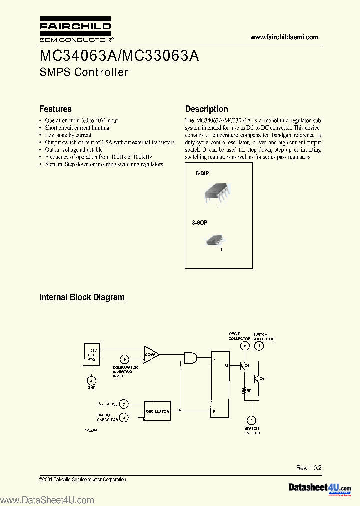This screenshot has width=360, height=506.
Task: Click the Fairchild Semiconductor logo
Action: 75,30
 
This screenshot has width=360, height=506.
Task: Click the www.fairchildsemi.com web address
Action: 284,37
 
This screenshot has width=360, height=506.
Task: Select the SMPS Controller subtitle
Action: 84,72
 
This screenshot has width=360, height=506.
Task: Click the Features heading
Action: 55,109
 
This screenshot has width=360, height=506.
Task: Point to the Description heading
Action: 206,109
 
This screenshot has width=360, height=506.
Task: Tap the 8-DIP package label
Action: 202,173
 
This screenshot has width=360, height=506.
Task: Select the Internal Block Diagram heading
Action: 82,297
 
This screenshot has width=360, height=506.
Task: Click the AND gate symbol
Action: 190,357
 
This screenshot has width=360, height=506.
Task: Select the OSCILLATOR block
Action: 157,412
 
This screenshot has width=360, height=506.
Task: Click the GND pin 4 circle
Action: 91,381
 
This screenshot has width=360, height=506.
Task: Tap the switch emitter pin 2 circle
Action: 252,420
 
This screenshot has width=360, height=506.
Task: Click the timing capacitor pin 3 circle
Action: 124,417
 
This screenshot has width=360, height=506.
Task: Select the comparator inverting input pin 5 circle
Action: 124,359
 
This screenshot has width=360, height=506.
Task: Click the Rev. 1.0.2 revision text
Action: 309,468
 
